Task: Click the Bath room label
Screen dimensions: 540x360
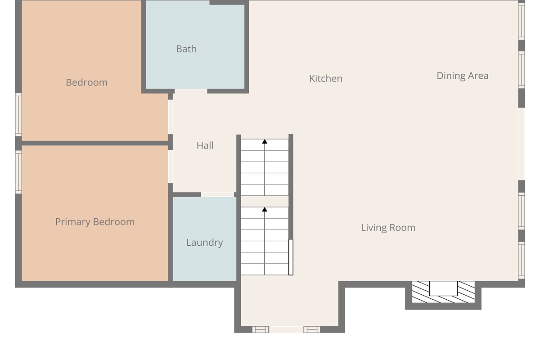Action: tap(186, 49)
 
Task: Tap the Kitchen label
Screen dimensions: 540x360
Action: tap(326, 79)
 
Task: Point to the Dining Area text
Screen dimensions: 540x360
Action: tap(463, 76)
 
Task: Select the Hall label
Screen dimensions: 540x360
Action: tap(205, 145)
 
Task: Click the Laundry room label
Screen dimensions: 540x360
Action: tap(204, 243)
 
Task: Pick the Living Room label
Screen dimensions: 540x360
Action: tap(388, 228)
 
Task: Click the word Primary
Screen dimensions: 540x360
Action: tap(73, 222)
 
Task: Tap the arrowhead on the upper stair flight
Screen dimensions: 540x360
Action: tap(265, 142)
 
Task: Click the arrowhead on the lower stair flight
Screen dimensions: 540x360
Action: tap(265, 210)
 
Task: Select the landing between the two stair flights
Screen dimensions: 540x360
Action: tap(265, 201)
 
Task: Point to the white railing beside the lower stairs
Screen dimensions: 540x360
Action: tap(291, 257)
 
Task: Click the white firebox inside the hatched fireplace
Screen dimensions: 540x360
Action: tap(443, 288)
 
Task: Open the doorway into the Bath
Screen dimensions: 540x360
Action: tap(191, 91)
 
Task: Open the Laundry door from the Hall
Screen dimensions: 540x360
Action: tap(217, 194)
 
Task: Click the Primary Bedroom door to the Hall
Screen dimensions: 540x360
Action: tap(171, 166)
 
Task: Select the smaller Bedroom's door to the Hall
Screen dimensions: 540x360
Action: tap(171, 117)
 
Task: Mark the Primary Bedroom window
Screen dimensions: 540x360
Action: tap(18, 172)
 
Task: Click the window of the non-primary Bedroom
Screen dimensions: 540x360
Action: tap(18, 115)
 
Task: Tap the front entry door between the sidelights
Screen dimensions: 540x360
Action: tap(286, 329)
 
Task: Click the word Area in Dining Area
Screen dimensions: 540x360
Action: tap(478, 76)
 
